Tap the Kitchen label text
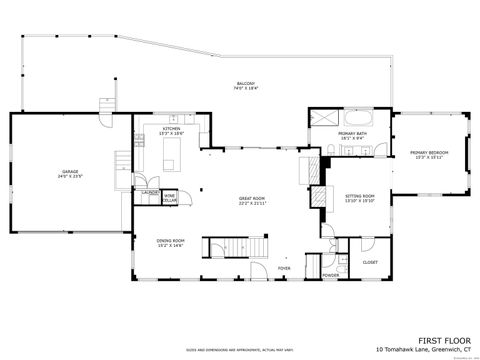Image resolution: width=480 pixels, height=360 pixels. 172,130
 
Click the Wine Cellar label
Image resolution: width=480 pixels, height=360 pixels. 170,197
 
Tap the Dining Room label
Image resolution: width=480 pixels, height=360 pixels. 171,242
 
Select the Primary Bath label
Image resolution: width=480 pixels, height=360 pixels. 350,135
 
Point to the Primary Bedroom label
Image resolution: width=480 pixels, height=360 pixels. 429,154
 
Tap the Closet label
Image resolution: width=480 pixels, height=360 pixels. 370,262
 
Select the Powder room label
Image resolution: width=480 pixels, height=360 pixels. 329,274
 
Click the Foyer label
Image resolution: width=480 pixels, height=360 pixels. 284,268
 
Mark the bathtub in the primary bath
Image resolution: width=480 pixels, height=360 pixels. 355,117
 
